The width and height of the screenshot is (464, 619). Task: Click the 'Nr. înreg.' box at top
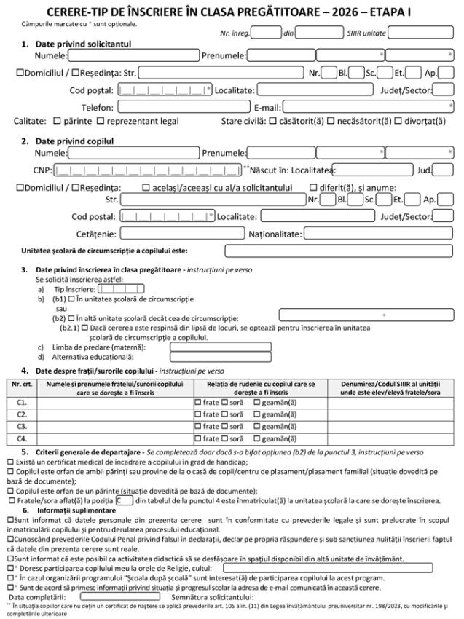pyautogui.click(x=266, y=32)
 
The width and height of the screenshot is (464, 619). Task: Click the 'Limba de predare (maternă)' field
pyautogui.click(x=220, y=347)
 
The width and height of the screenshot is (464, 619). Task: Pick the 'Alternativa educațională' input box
pyautogui.click(x=220, y=358)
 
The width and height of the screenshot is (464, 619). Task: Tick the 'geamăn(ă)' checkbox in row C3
pyautogui.click(x=257, y=426)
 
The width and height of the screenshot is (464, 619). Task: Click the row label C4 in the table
pyautogui.click(x=22, y=438)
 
